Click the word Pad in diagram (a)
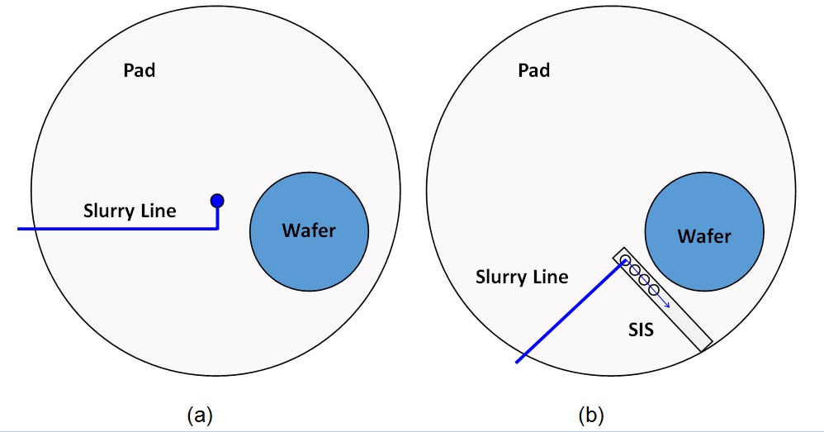(139, 70)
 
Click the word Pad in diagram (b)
(533, 70)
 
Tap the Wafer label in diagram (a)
(309, 230)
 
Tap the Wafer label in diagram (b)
(704, 236)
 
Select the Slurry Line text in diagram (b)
(522, 277)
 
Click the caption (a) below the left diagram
(200, 414)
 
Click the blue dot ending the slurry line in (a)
(217, 200)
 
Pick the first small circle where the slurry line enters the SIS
(625, 262)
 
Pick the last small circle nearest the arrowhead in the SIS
(653, 290)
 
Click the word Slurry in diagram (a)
(109, 211)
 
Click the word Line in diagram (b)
(551, 277)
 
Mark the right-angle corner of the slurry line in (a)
(217, 228)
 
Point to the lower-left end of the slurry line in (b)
(518, 361)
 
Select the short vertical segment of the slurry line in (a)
(217, 216)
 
